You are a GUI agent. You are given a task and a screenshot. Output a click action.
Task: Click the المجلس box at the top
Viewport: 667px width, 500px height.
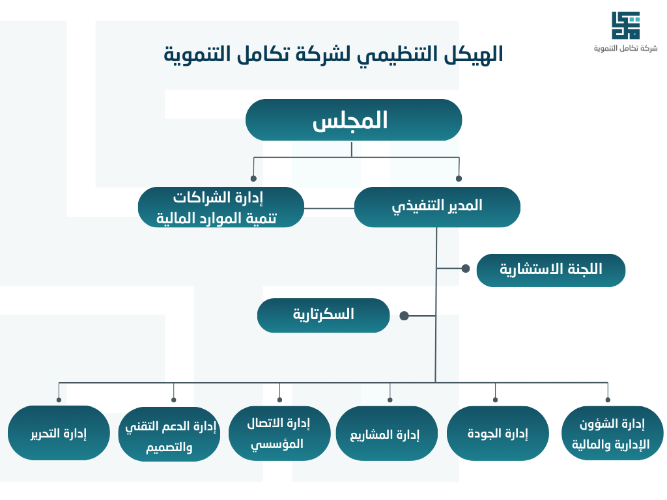tap(354, 120)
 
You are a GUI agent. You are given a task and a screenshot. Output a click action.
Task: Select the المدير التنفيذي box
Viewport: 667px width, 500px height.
tap(437, 207)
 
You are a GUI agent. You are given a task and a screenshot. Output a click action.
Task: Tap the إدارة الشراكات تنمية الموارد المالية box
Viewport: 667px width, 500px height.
tap(221, 208)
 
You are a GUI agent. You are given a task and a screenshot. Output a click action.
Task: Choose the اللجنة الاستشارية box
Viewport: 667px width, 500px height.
tap(550, 270)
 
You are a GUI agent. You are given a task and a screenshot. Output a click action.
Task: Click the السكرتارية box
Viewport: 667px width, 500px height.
tap(323, 315)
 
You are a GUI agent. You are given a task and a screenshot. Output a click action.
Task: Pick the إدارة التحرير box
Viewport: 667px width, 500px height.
tap(59, 433)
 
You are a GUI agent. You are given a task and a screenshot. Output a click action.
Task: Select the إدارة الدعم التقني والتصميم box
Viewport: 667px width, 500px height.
tap(169, 435)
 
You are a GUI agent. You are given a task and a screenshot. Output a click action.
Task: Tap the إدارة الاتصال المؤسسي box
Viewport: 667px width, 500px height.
tap(279, 433)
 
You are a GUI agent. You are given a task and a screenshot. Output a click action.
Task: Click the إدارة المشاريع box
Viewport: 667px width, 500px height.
tap(386, 434)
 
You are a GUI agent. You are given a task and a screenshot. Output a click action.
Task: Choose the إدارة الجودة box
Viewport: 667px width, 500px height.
tap(498, 433)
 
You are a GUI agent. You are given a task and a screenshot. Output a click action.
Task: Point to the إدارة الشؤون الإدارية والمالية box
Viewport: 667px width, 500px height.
tap(612, 434)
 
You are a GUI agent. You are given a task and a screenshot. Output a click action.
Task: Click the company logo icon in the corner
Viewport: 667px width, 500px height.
tap(625, 25)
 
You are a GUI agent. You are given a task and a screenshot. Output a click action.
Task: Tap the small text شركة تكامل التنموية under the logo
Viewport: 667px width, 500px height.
tap(625, 49)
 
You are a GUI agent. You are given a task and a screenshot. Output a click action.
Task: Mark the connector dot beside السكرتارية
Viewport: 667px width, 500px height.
tap(404, 316)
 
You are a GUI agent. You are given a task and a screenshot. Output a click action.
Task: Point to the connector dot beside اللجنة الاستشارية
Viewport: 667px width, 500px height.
tap(465, 268)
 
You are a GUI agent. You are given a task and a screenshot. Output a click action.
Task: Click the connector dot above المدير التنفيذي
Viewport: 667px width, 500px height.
tap(459, 178)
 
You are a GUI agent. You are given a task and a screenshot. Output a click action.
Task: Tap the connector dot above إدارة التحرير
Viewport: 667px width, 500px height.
tap(59, 400)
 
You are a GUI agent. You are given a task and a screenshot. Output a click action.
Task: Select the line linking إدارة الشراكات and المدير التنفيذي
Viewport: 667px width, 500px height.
tap(329, 209)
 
